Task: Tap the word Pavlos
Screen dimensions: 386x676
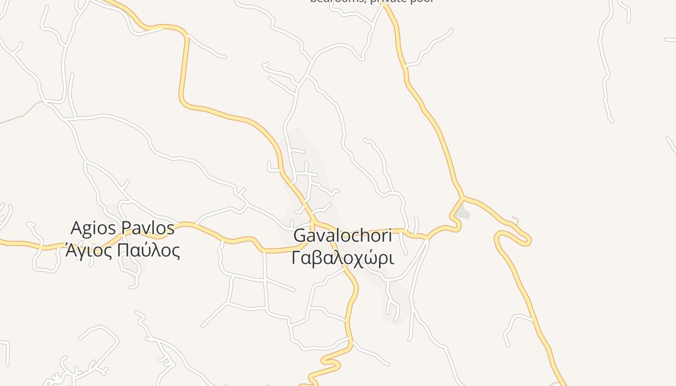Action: [147, 228]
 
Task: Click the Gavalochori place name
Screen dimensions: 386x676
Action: [342, 235]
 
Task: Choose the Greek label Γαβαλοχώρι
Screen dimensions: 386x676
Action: [342, 258]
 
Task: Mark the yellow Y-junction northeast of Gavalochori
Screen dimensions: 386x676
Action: [463, 197]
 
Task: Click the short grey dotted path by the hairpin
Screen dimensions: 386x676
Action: [516, 221]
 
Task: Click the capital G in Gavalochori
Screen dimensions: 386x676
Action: [300, 235]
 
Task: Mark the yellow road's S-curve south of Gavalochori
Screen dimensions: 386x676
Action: [333, 362]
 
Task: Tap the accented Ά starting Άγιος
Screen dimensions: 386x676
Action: [71, 250]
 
